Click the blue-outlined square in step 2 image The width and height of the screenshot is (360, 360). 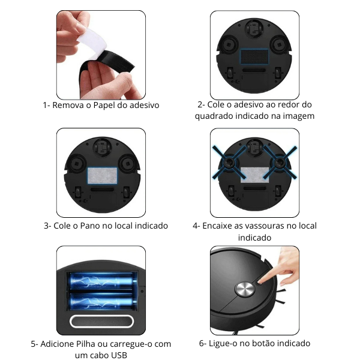tap(254, 56)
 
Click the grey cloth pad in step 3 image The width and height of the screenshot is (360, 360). tap(102, 175)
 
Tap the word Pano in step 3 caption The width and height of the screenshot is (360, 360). tap(90, 226)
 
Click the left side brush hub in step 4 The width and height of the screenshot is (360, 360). tap(229, 163)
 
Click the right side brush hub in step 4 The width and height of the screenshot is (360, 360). tap(280, 163)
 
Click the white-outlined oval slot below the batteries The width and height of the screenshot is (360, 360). tap(102, 322)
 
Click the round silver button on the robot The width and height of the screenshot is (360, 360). tap(245, 289)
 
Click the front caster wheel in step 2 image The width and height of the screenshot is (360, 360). tap(254, 29)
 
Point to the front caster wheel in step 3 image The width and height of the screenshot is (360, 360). tap(102, 147)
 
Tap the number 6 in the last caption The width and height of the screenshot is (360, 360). tap(202, 343)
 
